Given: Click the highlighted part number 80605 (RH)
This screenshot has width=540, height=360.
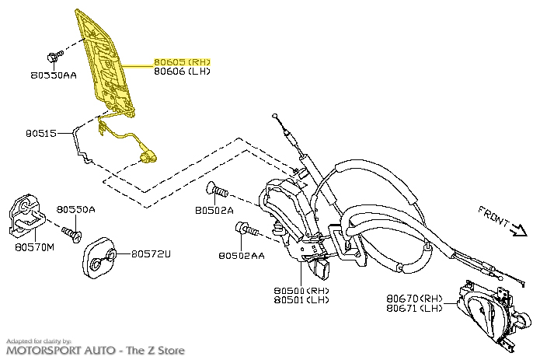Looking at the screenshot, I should coord(182,61).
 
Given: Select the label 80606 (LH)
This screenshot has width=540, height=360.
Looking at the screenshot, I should coord(182,72).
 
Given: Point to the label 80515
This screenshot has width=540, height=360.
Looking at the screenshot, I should coord(41,134).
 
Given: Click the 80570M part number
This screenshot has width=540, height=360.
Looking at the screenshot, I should coord(34,247).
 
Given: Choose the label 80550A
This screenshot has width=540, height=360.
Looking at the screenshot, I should coord(76,210).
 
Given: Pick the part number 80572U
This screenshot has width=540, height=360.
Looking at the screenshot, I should coord(151,254).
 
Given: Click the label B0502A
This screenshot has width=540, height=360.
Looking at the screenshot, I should coord(213,211).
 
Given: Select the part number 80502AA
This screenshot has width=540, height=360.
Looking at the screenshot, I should coord(241,255).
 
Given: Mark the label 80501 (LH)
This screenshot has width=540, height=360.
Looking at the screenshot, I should coord(301,300).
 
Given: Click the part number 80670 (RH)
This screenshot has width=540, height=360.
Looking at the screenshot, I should coord(414,298).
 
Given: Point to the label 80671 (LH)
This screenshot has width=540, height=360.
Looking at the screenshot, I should coord(414,308).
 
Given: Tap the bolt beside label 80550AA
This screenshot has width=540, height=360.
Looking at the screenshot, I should coord(55,56).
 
